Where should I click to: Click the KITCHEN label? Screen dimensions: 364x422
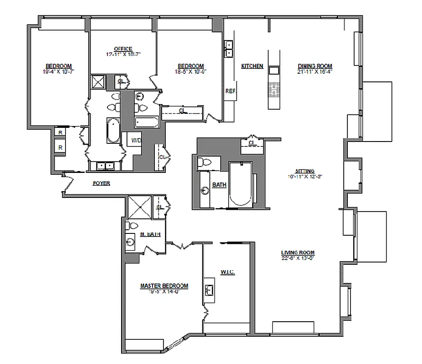click(x=252, y=66)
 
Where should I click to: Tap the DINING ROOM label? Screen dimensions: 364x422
click(x=315, y=66)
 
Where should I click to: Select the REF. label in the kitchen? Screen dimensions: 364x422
click(x=230, y=91)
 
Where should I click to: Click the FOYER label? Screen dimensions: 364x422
click(x=101, y=183)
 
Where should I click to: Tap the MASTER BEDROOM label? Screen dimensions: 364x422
click(x=164, y=286)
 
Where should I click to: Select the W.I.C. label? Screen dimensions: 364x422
click(x=228, y=272)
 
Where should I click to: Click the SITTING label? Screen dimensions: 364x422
click(x=305, y=171)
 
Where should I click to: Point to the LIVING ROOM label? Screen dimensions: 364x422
click(x=298, y=253)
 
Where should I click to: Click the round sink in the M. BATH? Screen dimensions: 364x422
click(x=131, y=242)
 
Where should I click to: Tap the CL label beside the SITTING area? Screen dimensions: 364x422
click(x=251, y=143)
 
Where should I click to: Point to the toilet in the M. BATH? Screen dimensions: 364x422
click(x=133, y=226)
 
